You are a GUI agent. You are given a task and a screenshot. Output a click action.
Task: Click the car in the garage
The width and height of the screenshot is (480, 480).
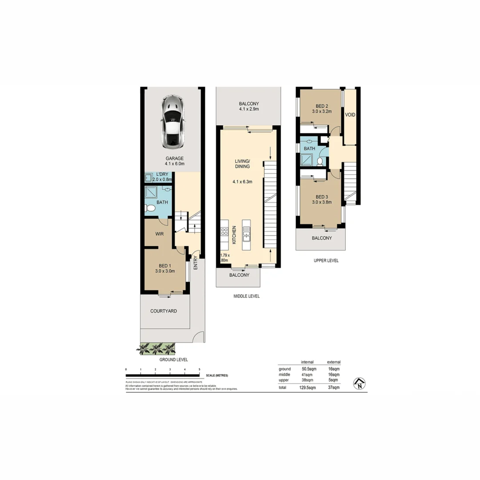(171, 122)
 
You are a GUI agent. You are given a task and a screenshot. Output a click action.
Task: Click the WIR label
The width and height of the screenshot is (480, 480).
(160, 233)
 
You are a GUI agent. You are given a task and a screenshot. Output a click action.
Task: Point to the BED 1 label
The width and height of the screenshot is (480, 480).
(164, 266)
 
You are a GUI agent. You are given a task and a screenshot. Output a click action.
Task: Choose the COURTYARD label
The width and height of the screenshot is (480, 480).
(163, 311)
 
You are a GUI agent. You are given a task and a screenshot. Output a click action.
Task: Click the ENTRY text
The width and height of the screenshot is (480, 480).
(196, 263)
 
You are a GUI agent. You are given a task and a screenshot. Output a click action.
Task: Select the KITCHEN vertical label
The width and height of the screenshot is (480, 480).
(234, 234)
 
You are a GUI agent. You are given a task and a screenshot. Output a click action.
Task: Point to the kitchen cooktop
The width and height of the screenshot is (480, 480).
(224, 232)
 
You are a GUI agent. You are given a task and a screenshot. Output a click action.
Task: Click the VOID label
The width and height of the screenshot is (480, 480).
(350, 115)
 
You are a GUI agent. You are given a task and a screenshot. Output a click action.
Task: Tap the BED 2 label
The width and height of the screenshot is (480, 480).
(321, 106)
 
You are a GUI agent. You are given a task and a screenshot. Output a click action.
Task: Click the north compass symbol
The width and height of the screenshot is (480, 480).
(359, 383)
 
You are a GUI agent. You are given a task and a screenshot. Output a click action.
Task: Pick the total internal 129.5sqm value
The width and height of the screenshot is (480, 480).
(307, 388)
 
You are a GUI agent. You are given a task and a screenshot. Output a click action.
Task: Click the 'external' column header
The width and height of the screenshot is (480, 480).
(333, 362)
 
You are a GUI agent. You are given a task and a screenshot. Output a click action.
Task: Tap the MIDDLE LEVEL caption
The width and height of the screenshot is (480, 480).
(247, 296)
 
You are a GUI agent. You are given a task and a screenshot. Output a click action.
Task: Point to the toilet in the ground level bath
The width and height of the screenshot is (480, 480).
(150, 208)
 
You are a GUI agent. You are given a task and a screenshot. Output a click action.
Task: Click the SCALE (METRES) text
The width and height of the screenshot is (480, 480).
(217, 376)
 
